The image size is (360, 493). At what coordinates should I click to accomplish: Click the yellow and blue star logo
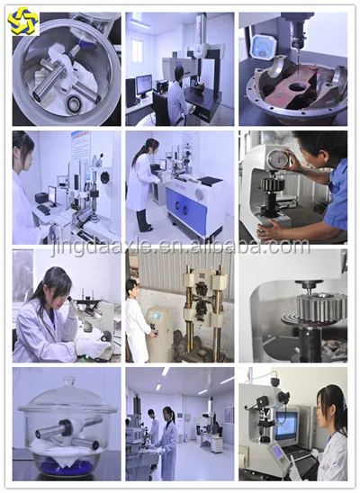pyautogui.click(x=22, y=21)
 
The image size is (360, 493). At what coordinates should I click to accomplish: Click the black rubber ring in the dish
pyautogui.click(x=75, y=103)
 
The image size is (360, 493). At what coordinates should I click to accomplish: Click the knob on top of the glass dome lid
pyautogui.click(x=68, y=381)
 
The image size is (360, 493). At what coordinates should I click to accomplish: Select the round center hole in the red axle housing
pyautogui.click(x=296, y=87)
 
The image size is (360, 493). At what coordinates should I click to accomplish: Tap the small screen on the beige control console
pyautogui.click(x=157, y=316)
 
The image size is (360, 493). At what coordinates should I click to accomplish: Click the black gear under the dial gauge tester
pyautogui.click(x=273, y=184)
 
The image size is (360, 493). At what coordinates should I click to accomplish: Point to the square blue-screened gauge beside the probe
pyautogui.click(x=263, y=46)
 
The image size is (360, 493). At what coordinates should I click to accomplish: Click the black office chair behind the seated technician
pyautogui.click(x=162, y=108)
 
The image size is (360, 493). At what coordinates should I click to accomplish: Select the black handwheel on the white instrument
pyautogui.click(x=105, y=177)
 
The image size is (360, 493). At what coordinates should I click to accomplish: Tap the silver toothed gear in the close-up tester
pyautogui.click(x=321, y=307)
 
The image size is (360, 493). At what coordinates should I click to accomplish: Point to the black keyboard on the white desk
pyautogui.click(x=43, y=210)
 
